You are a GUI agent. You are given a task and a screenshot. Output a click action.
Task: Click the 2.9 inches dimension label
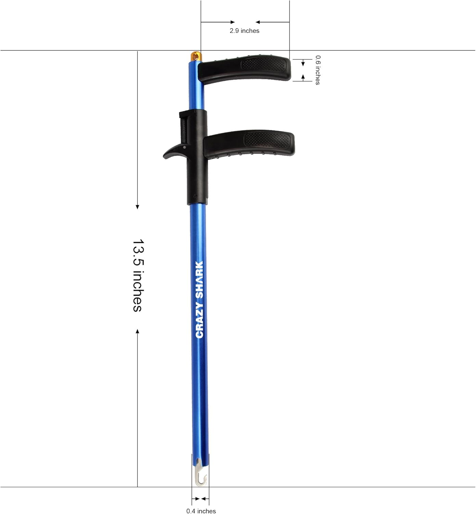[x=244, y=31]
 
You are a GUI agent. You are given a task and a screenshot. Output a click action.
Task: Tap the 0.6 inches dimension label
[x=318, y=70]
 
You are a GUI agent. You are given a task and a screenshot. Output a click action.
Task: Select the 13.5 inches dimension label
[x=138, y=275]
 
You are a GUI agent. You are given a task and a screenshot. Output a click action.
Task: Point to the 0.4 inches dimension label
[x=201, y=511]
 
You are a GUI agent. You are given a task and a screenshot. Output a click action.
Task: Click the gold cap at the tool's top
[x=195, y=56]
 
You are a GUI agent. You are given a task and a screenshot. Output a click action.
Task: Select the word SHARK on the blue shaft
[x=199, y=279]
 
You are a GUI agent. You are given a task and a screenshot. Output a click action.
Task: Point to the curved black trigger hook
[x=173, y=152]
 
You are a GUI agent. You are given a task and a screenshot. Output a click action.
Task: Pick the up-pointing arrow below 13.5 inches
[x=138, y=331]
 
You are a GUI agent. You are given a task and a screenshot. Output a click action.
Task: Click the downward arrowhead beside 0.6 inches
[x=303, y=64]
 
